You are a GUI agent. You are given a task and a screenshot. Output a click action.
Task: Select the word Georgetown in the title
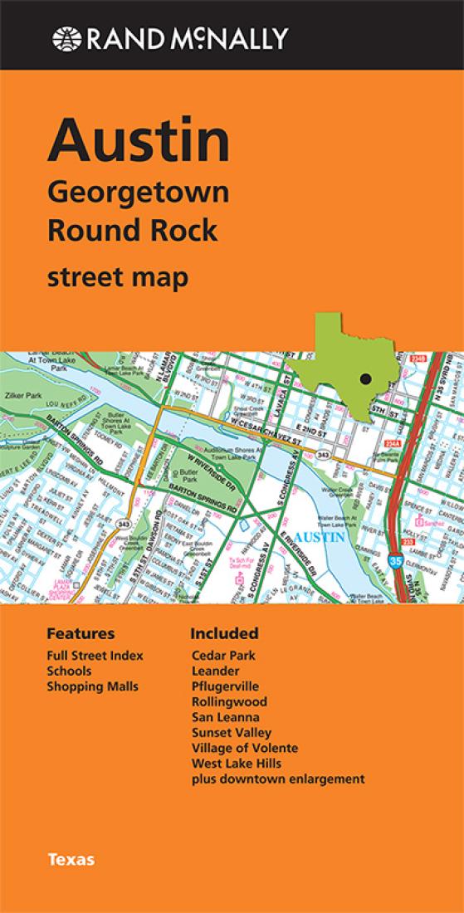[138, 194]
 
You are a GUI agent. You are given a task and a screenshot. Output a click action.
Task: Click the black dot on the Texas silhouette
[364, 379]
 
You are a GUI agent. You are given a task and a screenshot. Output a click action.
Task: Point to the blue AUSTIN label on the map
[320, 537]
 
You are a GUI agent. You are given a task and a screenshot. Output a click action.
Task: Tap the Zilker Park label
[22, 396]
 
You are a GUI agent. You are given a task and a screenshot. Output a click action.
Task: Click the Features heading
[81, 633]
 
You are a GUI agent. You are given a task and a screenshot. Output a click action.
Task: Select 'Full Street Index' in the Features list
[95, 656]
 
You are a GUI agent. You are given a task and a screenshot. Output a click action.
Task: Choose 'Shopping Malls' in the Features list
[92, 686]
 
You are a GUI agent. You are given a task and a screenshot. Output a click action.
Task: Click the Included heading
[224, 633]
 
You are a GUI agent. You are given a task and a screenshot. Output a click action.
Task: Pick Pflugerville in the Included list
[225, 686]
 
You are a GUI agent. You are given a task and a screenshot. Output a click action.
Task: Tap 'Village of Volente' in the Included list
[244, 748]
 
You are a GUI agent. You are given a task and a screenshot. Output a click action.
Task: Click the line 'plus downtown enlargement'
[277, 779]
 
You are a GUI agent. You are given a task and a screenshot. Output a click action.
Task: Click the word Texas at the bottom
[71, 859]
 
